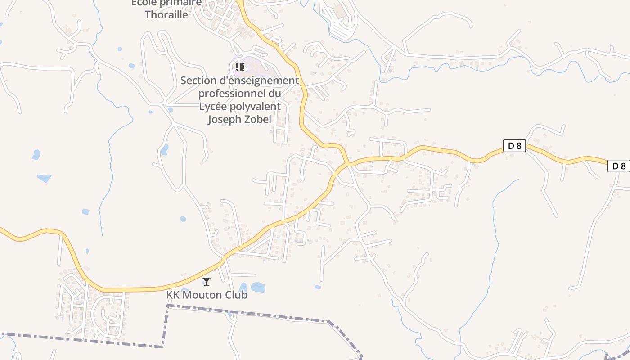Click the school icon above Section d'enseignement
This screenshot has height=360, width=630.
pyautogui.click(x=240, y=67)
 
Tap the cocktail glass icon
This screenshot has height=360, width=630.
pyautogui.click(x=207, y=282)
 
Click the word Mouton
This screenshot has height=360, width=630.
pyautogui.click(x=202, y=295)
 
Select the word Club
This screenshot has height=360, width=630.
pyautogui.click(x=236, y=295)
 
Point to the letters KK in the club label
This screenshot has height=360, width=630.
pyautogui.click(x=172, y=295)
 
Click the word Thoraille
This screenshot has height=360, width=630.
pyautogui.click(x=166, y=14)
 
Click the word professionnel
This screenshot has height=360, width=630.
pyautogui.click(x=233, y=94)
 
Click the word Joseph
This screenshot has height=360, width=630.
pyautogui.click(x=223, y=119)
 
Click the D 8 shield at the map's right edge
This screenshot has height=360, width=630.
pyautogui.click(x=619, y=166)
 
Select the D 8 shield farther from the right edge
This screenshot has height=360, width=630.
pyautogui.click(x=514, y=146)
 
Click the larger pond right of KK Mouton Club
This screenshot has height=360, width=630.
pyautogui.click(x=258, y=287)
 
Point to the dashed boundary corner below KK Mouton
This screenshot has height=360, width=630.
pyautogui.click(x=168, y=306)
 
